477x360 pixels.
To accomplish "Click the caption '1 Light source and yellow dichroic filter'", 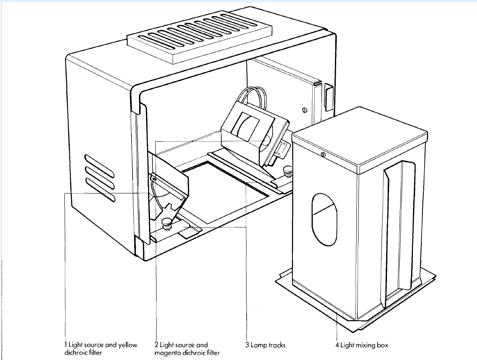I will tap(101, 349).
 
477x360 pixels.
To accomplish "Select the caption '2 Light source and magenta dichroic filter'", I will tap(187, 349).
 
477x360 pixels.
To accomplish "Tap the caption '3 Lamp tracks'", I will tap(265, 345).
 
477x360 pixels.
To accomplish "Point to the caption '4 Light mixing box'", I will tap(361, 345).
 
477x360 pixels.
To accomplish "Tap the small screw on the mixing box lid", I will tap(323, 155).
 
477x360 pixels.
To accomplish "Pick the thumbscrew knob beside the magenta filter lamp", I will tap(286, 170).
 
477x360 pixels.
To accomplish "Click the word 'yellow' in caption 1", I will tap(128, 345).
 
